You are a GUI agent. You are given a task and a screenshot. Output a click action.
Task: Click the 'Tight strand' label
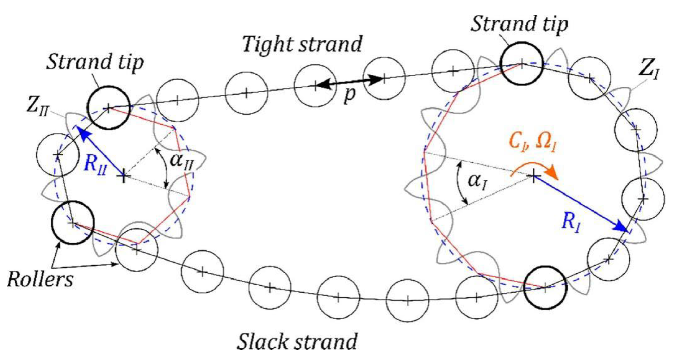pyautogui.click(x=302, y=45)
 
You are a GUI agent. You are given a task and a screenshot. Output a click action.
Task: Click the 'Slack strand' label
pyautogui.click(x=297, y=341)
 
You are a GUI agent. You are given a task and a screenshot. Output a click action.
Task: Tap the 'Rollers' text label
pyautogui.click(x=40, y=280)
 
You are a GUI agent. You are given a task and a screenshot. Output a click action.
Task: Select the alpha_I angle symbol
pyautogui.click(x=477, y=181)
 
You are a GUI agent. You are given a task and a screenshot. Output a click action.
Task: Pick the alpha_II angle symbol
pyautogui.click(x=181, y=161)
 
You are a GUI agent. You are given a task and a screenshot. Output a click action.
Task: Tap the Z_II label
pyautogui.click(x=37, y=106)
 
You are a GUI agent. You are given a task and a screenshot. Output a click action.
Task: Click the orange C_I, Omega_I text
pyautogui.click(x=532, y=142)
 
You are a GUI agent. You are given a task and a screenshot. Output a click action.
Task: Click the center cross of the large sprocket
pyautogui.click(x=533, y=176)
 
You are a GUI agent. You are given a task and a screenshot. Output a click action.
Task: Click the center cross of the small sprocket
pyautogui.click(x=124, y=176)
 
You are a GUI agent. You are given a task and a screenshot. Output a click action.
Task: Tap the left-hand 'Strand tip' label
pyautogui.click(x=95, y=62)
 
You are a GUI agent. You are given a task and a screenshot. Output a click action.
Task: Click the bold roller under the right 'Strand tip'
pyautogui.click(x=521, y=64)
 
